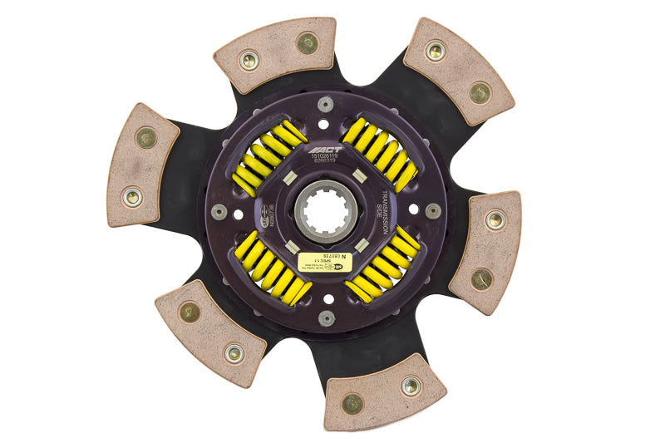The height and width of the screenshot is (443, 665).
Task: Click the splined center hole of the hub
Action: (326, 213)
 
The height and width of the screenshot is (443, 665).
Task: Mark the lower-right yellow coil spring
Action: (383, 265)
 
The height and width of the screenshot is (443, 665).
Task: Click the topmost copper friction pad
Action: (276, 53)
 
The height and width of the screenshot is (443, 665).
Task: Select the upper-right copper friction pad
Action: (459, 70)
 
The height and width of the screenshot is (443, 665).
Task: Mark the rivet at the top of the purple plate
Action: (327, 104)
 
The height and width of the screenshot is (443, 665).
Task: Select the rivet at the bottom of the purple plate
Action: (327, 317)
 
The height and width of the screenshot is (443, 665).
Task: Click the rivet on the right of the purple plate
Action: (433, 210)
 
